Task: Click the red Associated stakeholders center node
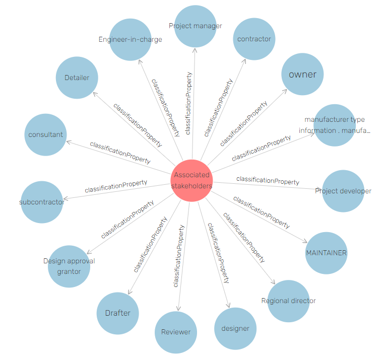[x=191, y=180]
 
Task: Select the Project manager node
[x=196, y=26]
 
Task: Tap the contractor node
[x=254, y=39]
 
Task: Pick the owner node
[x=302, y=75]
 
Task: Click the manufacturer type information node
[x=335, y=125]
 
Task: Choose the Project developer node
[x=343, y=191]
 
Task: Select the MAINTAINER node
[x=326, y=253]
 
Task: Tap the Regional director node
[x=288, y=301]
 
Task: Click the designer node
[x=235, y=328]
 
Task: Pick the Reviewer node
[x=176, y=332]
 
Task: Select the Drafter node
[x=117, y=313]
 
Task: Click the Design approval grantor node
[x=69, y=266]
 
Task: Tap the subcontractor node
[x=42, y=202]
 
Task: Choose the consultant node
[x=45, y=134]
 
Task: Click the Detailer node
[x=77, y=78]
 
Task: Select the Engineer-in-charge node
[x=131, y=39]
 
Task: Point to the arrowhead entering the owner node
[x=285, y=92]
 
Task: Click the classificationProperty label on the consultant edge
[x=120, y=152]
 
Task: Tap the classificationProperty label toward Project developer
[x=268, y=180]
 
